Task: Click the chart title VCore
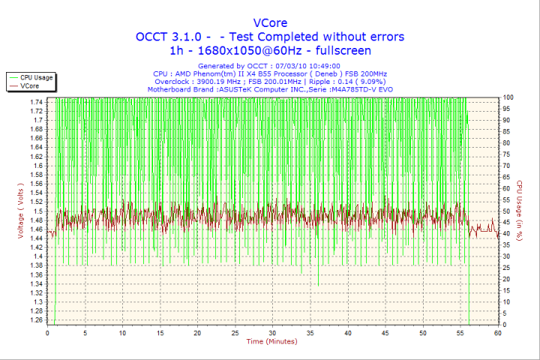pos(269,22)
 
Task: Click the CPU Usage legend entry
pos(36,77)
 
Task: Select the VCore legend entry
pos(29,86)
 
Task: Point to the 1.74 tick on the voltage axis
pos(36,101)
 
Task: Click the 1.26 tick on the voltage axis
pos(36,320)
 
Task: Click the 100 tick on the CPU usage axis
pos(508,97)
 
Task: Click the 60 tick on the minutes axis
pos(497,333)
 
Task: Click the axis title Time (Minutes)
pos(272,342)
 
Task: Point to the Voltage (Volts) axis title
pos(20,211)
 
